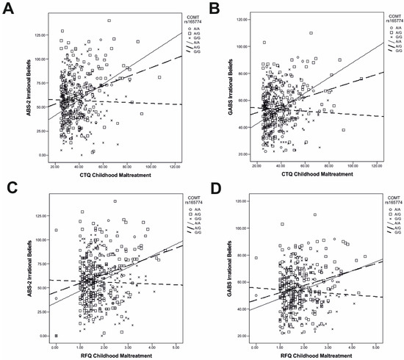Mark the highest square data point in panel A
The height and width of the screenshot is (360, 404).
click(109, 21)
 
